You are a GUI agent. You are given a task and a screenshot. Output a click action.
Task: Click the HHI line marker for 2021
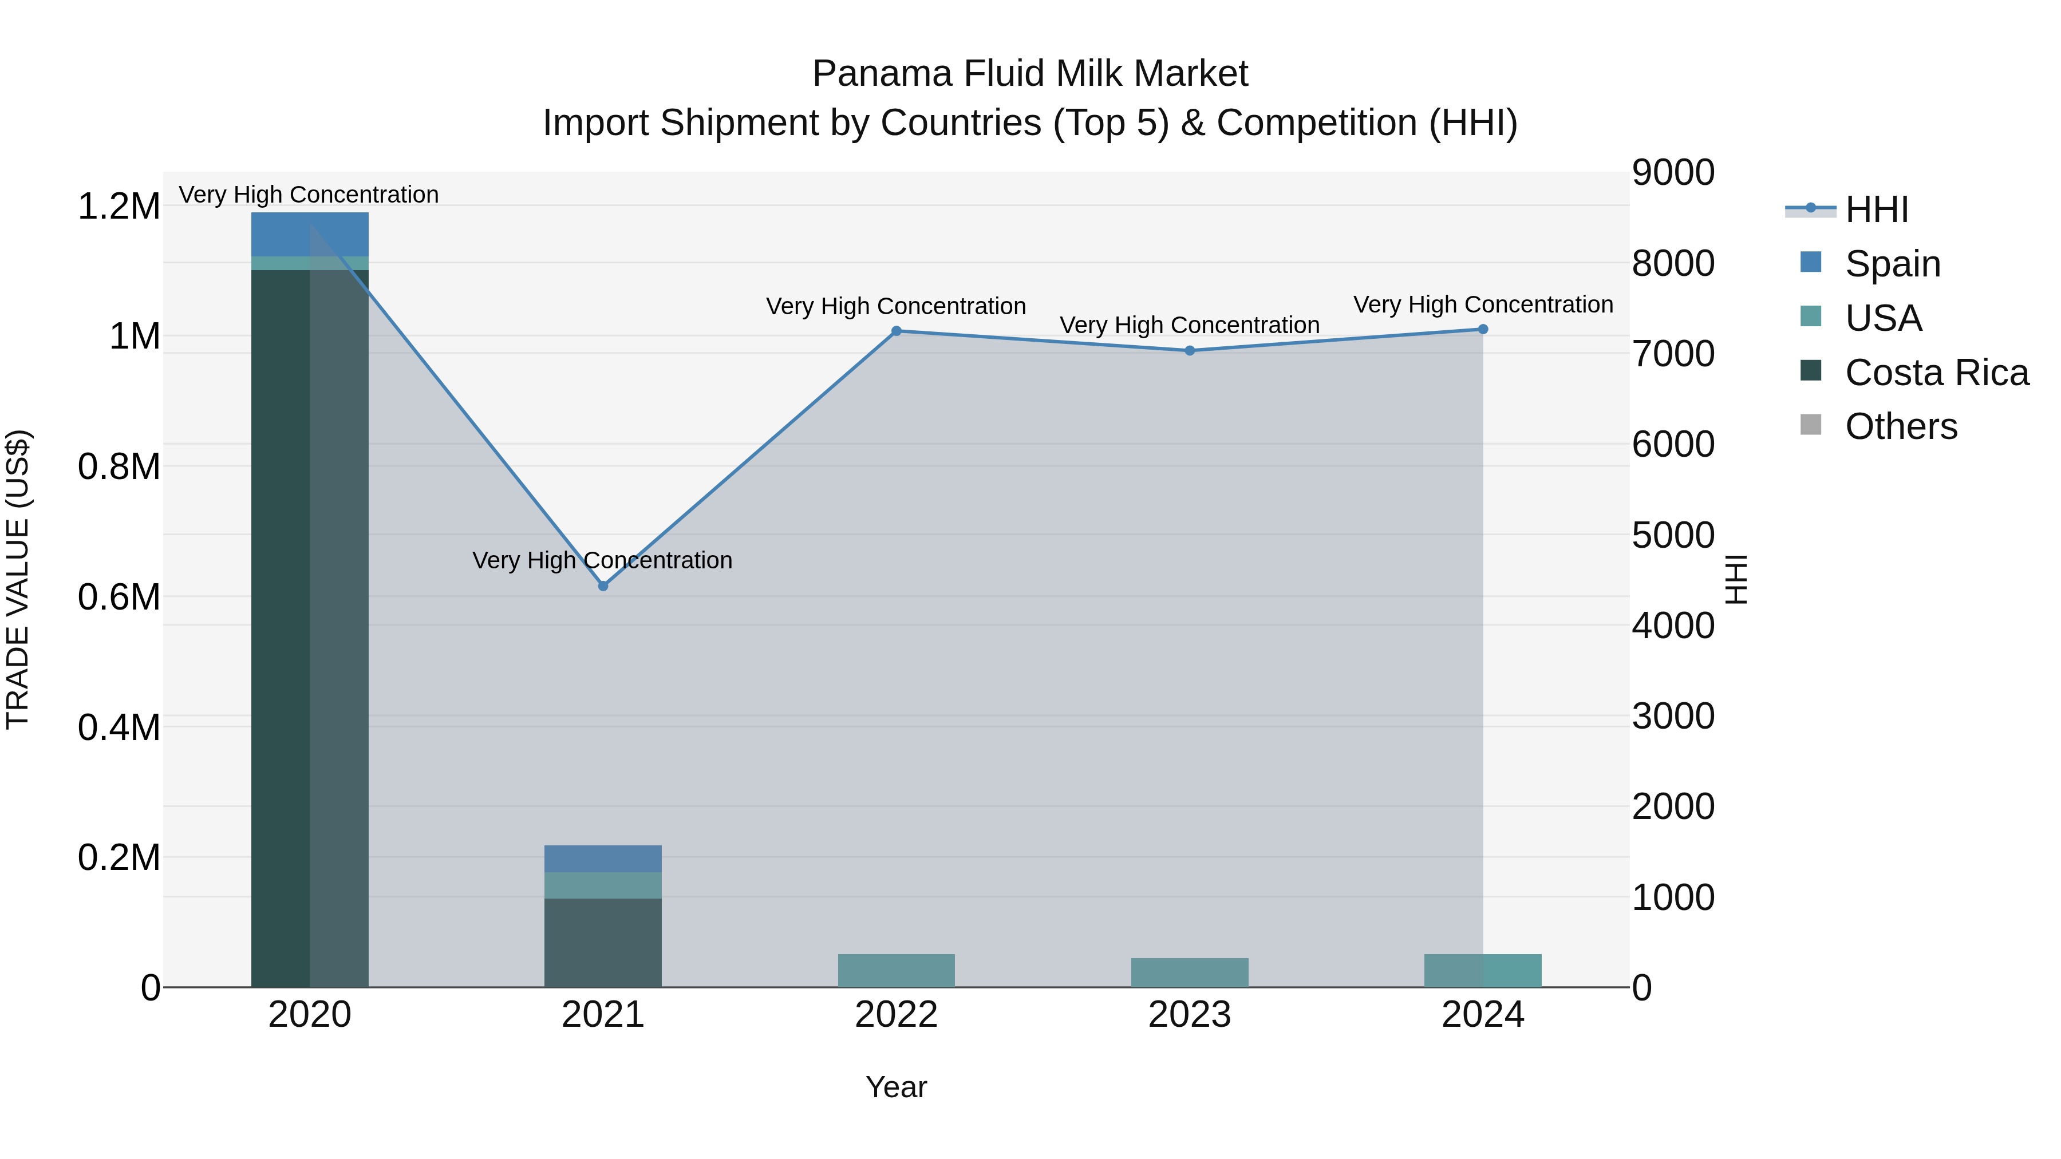coord(603,586)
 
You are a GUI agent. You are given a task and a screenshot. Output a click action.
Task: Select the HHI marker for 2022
coord(896,331)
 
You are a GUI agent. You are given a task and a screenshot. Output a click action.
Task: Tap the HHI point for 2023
coord(1190,350)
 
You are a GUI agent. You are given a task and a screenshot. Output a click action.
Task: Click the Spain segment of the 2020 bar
coord(310,234)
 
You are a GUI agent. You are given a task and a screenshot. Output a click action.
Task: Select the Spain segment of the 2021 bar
coord(603,859)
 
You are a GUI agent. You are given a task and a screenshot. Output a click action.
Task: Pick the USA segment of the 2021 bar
coord(603,885)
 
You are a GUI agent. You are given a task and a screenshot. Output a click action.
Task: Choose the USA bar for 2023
coord(1190,972)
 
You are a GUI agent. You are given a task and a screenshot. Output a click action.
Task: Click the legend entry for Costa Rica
coord(1936,373)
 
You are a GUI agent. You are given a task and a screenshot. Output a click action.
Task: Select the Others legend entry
coord(1901,427)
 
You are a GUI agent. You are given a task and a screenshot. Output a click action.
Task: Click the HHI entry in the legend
coord(1876,209)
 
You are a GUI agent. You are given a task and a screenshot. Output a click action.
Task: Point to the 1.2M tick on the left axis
coord(119,207)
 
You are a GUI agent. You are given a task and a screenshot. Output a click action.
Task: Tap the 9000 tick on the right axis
coord(1673,173)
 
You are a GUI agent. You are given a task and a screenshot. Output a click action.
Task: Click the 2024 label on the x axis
coord(1483,1015)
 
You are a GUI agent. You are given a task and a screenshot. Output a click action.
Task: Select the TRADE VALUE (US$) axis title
coord(18,579)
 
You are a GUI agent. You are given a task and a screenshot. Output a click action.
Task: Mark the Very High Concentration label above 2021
coord(602,560)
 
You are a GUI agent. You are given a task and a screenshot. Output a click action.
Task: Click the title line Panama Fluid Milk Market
coord(1030,74)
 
